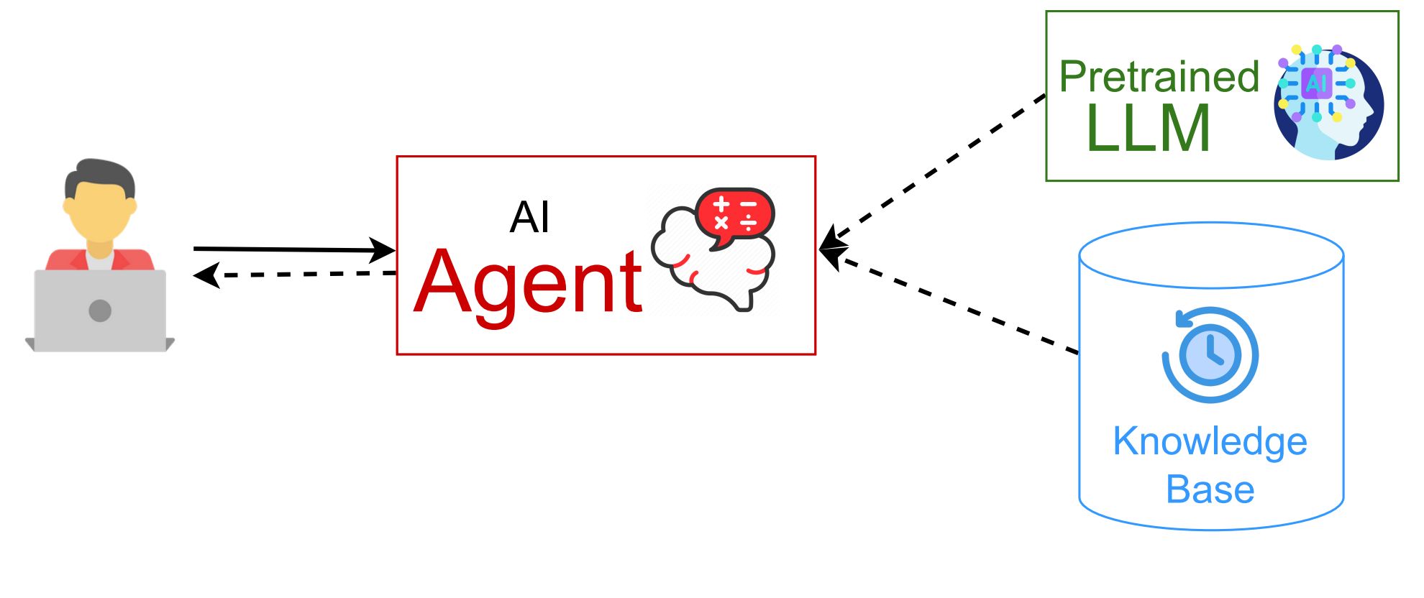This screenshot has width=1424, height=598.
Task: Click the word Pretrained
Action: coord(1159,76)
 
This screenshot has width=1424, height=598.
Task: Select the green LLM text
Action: coord(1148,128)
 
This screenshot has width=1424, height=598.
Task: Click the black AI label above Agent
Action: coord(529,217)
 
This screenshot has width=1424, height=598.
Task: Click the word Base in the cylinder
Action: coord(1210,489)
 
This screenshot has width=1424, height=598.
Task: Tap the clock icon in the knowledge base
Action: coord(1210,354)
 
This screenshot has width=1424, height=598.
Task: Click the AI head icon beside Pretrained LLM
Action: coord(1328,101)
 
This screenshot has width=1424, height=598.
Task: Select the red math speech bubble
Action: coord(734,216)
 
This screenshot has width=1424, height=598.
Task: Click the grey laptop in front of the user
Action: coord(100,310)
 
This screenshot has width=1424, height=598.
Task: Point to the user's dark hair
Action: coord(99,178)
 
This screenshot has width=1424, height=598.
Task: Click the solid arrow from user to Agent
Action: coord(294,249)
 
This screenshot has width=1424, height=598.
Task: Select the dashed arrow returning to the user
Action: coord(294,275)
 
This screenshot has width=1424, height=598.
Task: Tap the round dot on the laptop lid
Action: coord(100,310)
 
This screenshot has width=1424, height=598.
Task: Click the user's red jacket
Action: coord(100,259)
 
